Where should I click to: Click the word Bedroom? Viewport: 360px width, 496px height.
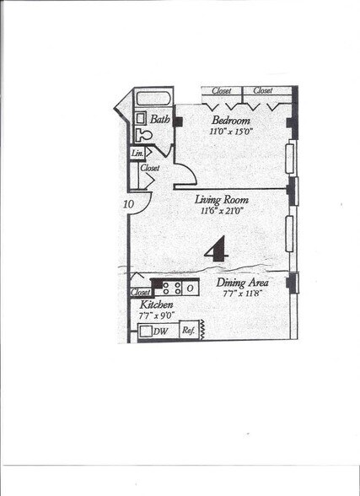tap(228, 119)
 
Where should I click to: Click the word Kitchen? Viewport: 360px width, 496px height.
tap(157, 304)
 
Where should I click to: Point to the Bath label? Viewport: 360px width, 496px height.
tap(160, 120)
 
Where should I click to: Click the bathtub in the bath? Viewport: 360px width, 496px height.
tap(153, 98)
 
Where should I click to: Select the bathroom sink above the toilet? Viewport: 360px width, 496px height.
tap(140, 118)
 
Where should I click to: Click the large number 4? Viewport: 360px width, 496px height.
tap(218, 248)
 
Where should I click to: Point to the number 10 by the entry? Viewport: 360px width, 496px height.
tap(129, 204)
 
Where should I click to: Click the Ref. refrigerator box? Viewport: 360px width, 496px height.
tap(189, 331)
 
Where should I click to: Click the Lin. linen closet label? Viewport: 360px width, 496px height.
tap(137, 153)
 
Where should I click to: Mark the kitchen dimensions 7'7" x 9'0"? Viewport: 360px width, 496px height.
tap(156, 315)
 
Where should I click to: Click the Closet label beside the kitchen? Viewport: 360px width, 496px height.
tap(140, 293)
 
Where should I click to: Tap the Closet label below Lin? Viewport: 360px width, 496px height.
tap(149, 168)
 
